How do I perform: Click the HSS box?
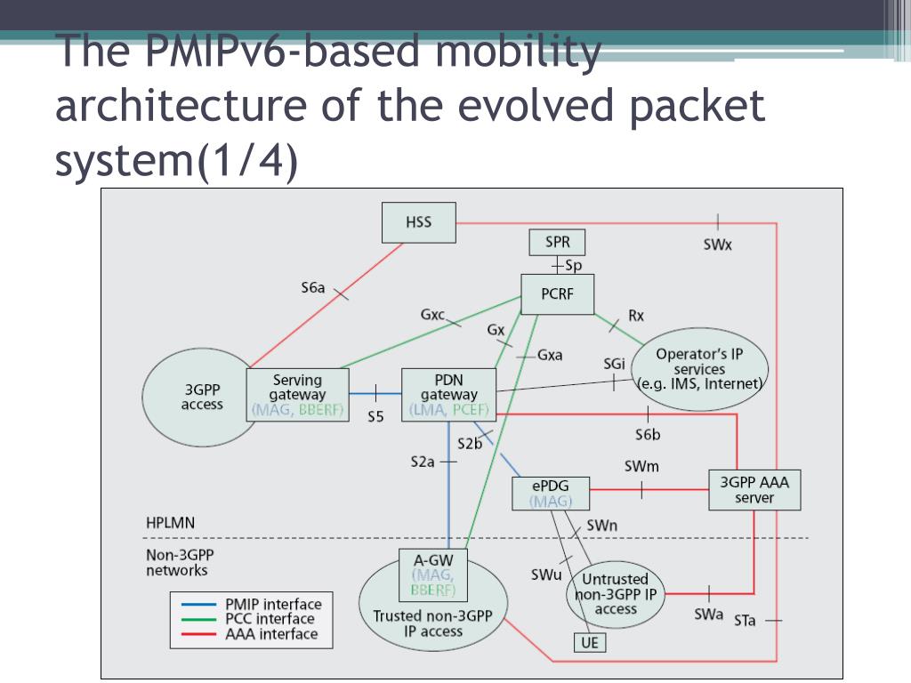418,222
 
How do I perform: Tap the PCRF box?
557,294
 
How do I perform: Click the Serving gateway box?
297,395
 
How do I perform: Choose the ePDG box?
552,494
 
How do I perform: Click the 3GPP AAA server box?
754,490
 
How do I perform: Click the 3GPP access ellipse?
202,397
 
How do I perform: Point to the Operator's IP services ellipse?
700,369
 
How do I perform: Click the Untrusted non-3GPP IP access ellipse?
616,594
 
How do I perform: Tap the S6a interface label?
312,287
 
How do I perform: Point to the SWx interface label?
717,245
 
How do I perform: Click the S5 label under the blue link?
375,416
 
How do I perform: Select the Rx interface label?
636,315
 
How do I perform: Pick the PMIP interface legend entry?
270,604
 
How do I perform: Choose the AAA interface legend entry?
270,634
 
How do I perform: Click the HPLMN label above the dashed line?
170,522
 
